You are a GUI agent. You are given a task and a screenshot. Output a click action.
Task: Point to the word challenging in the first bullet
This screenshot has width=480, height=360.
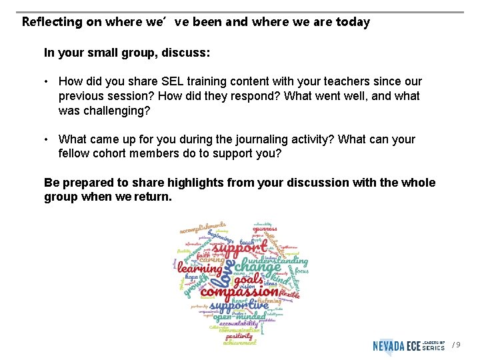click(x=114, y=111)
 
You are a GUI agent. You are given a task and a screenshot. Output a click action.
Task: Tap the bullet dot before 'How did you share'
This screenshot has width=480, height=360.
click(x=48, y=81)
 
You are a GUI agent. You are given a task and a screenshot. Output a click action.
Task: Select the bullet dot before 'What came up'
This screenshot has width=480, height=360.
click(x=48, y=139)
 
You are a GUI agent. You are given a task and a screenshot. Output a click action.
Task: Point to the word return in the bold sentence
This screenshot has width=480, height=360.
click(x=153, y=197)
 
